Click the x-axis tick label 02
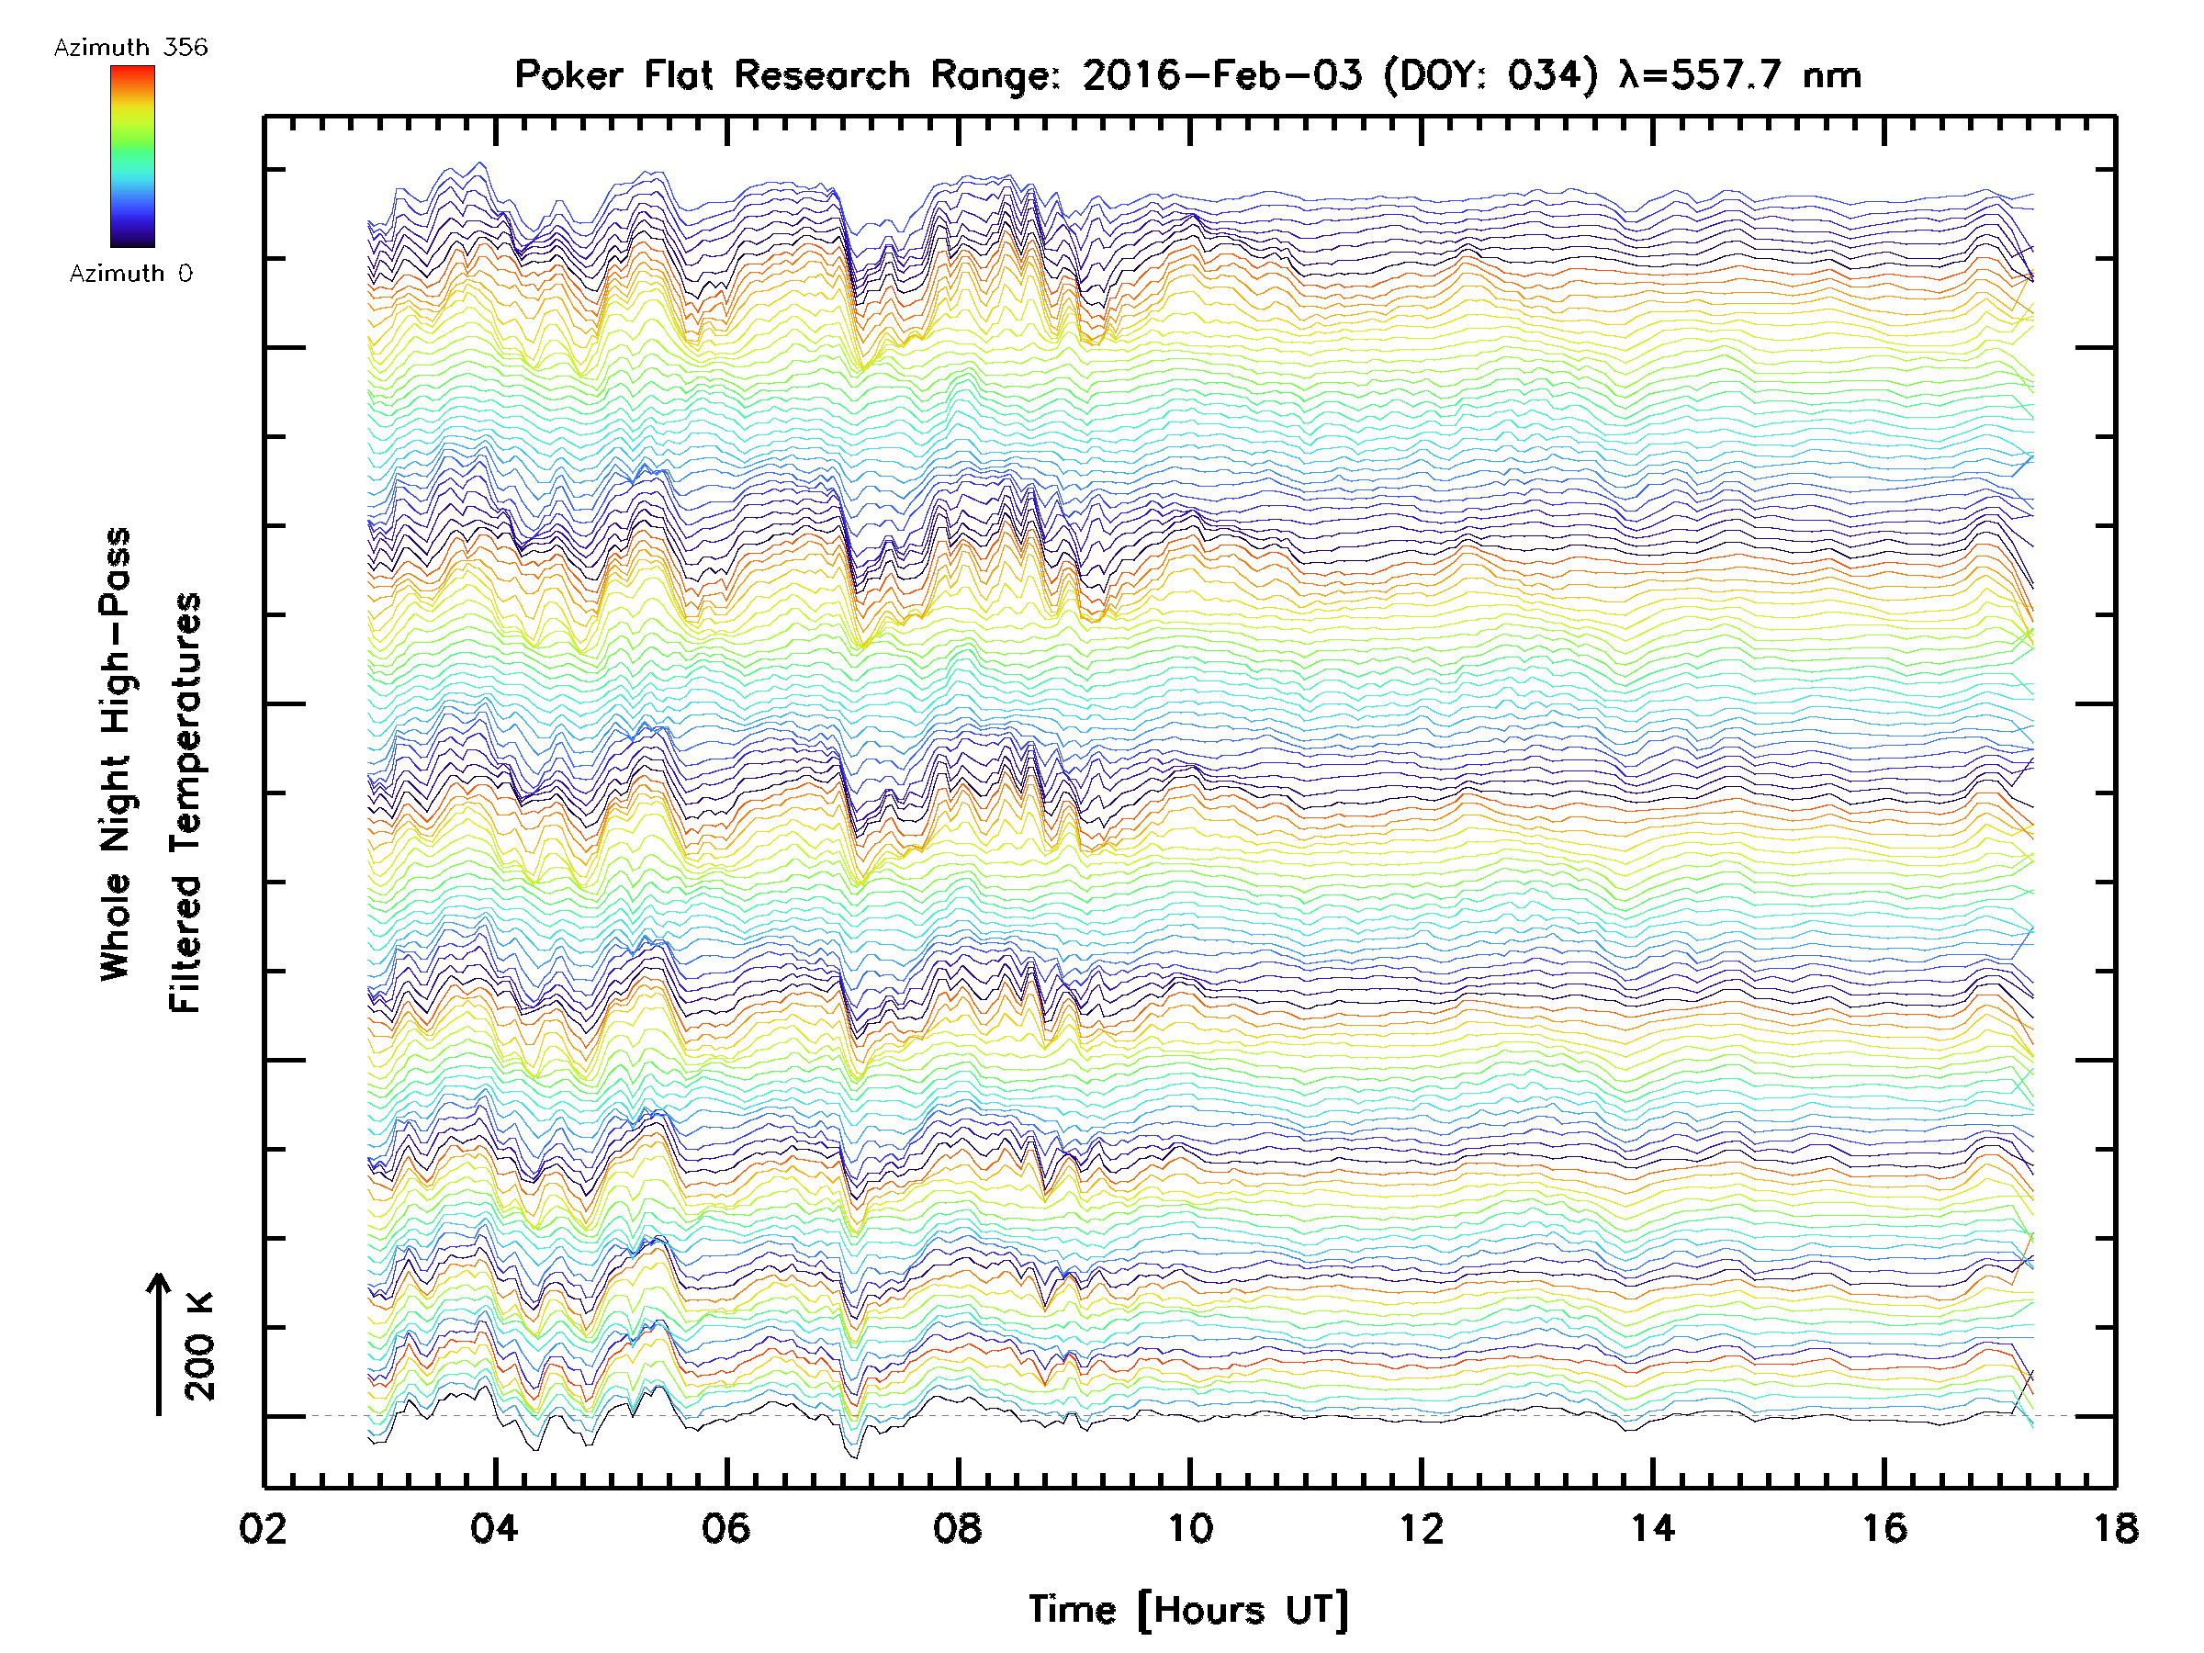[263, 1528]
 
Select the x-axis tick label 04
[494, 1528]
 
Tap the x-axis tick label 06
[725, 1528]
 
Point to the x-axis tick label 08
[958, 1528]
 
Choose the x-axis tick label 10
[1189, 1528]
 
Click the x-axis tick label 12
[1421, 1528]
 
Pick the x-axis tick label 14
[1653, 1528]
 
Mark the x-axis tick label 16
[1884, 1528]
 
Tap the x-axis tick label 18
[2115, 1528]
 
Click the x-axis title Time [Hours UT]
[1188, 1610]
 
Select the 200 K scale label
[199, 1346]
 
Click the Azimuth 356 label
[130, 48]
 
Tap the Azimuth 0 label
[130, 273]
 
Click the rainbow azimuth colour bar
[132, 156]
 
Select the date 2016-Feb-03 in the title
[1222, 75]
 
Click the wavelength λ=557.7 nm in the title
[1740, 75]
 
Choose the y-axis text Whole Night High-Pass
[116, 754]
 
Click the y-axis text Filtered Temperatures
[186, 804]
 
